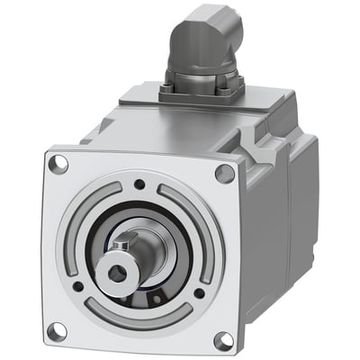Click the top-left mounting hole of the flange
point(59,165)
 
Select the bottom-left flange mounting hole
point(56,330)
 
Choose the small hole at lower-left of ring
point(78,286)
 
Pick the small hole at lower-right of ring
point(198,292)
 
